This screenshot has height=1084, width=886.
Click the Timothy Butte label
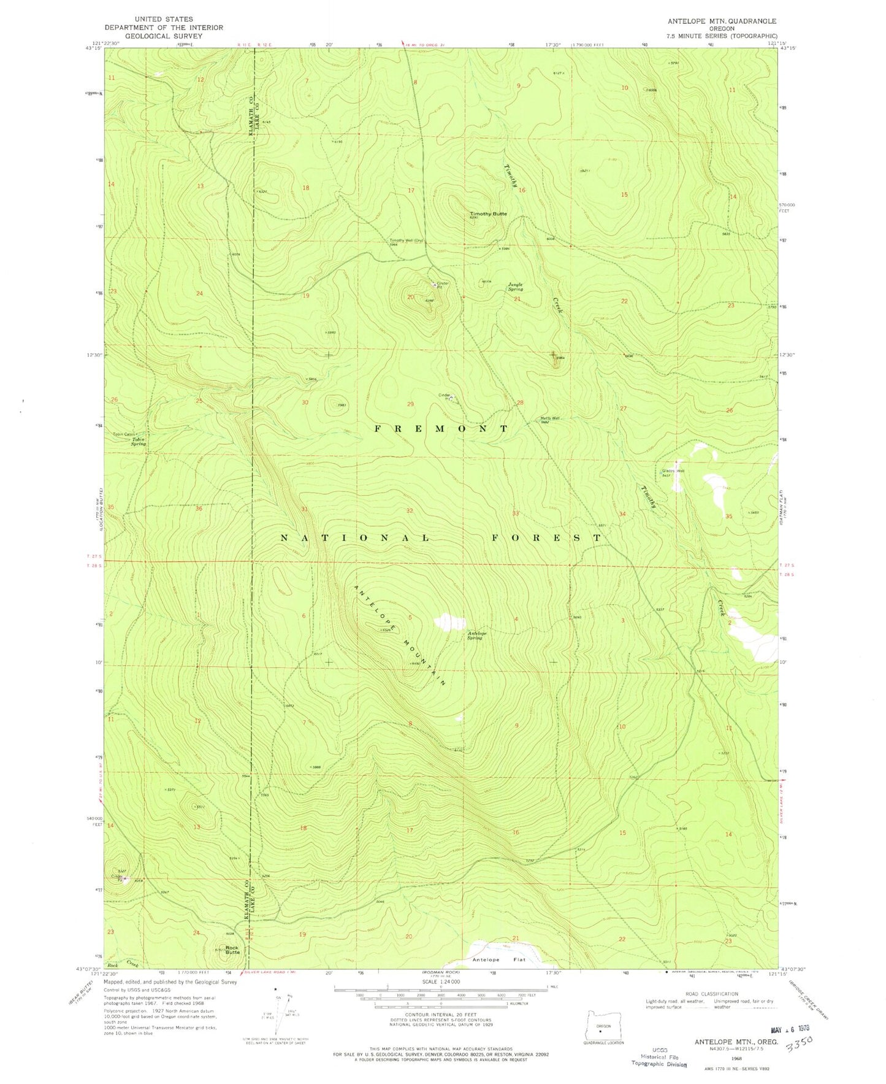pos(488,213)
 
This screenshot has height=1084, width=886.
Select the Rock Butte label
pos(232,950)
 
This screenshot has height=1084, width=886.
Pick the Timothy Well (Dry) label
pos(407,241)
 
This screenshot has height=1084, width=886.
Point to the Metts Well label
pos(550,420)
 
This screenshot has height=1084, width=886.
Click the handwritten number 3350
pos(798,1043)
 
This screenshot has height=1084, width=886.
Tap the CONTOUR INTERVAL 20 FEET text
pos(441,1015)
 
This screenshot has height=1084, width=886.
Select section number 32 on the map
pos(410,510)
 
